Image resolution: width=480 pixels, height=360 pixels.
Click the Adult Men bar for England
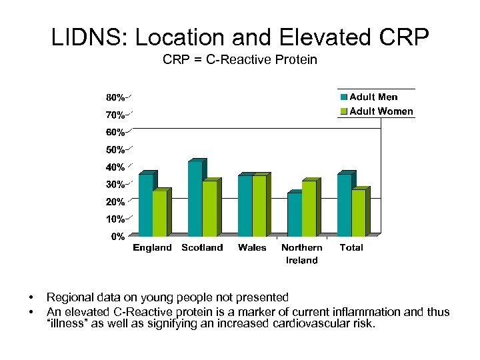coord(145,205)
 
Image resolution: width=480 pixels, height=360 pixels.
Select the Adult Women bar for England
coord(160,213)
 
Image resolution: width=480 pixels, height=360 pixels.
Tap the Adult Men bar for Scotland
coord(195,199)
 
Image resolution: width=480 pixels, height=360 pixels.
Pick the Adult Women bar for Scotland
coord(209,209)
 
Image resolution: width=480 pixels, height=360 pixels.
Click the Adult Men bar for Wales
coord(245,206)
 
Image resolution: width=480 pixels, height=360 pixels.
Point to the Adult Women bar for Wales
coord(259,206)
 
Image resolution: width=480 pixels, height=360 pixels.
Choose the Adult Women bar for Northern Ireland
coord(309,209)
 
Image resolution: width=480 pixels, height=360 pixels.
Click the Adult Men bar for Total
coord(344,205)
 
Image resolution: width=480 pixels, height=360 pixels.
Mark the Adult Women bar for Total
coord(358,213)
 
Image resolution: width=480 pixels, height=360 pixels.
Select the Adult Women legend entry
coord(377,111)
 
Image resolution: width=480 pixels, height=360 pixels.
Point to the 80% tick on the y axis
coord(115,98)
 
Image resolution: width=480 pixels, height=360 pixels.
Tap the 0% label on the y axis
coord(117,236)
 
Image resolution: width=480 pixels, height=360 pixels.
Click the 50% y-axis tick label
coord(115,149)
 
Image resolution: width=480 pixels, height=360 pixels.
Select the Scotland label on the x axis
coord(202,248)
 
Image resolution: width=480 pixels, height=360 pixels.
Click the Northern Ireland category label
coord(301,254)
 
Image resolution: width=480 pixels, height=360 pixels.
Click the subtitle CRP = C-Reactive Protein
coord(240,60)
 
